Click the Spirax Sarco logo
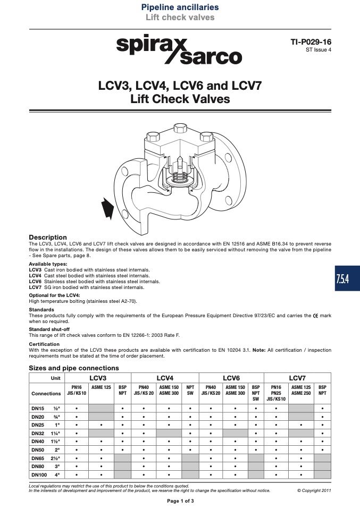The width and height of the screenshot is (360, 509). coord(179,49)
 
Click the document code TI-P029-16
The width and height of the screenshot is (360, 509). coord(311,42)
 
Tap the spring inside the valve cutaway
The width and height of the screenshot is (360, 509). coord(179,177)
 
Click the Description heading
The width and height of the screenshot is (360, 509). coord(48,237)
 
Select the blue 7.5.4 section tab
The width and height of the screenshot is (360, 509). coord(347,278)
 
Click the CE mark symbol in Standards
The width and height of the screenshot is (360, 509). coord(315,316)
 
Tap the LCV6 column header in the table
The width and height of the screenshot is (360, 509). coord(231,378)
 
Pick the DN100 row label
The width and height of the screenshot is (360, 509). coord(39,474)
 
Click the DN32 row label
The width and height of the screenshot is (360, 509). coord(38,433)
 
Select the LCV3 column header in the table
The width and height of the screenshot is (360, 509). coord(98,378)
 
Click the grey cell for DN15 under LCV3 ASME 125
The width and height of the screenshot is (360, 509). coord(101,409)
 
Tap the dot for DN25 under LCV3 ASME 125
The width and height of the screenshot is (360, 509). coord(102,425)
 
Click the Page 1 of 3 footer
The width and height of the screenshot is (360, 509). coord(180,501)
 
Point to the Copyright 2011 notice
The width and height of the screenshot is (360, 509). coord(314,490)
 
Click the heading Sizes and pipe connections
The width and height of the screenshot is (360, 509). coord(74,368)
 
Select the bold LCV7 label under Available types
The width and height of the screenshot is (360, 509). coord(35,287)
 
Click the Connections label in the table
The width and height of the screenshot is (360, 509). coord(46,393)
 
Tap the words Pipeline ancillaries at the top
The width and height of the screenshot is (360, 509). coord(180,7)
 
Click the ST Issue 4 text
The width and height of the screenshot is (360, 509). coord(319,50)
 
